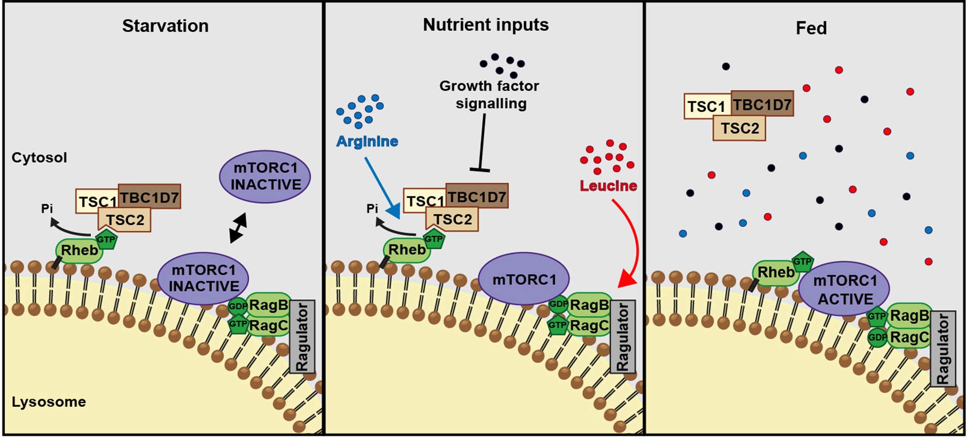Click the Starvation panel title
tap(165, 26)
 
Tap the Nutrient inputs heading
tap(486, 25)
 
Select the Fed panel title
tap(811, 28)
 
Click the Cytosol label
tap(39, 158)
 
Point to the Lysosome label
tap(49, 402)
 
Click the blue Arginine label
tap(367, 141)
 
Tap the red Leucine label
tap(608, 186)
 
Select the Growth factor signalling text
tap(490, 94)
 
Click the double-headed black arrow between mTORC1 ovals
tap(238, 228)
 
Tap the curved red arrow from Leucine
tap(633, 240)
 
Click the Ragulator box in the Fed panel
tap(942, 349)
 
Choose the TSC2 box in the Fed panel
tap(739, 129)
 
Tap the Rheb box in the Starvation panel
tap(79, 251)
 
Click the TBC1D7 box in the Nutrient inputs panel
tap(477, 197)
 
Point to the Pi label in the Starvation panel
tap(47, 209)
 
